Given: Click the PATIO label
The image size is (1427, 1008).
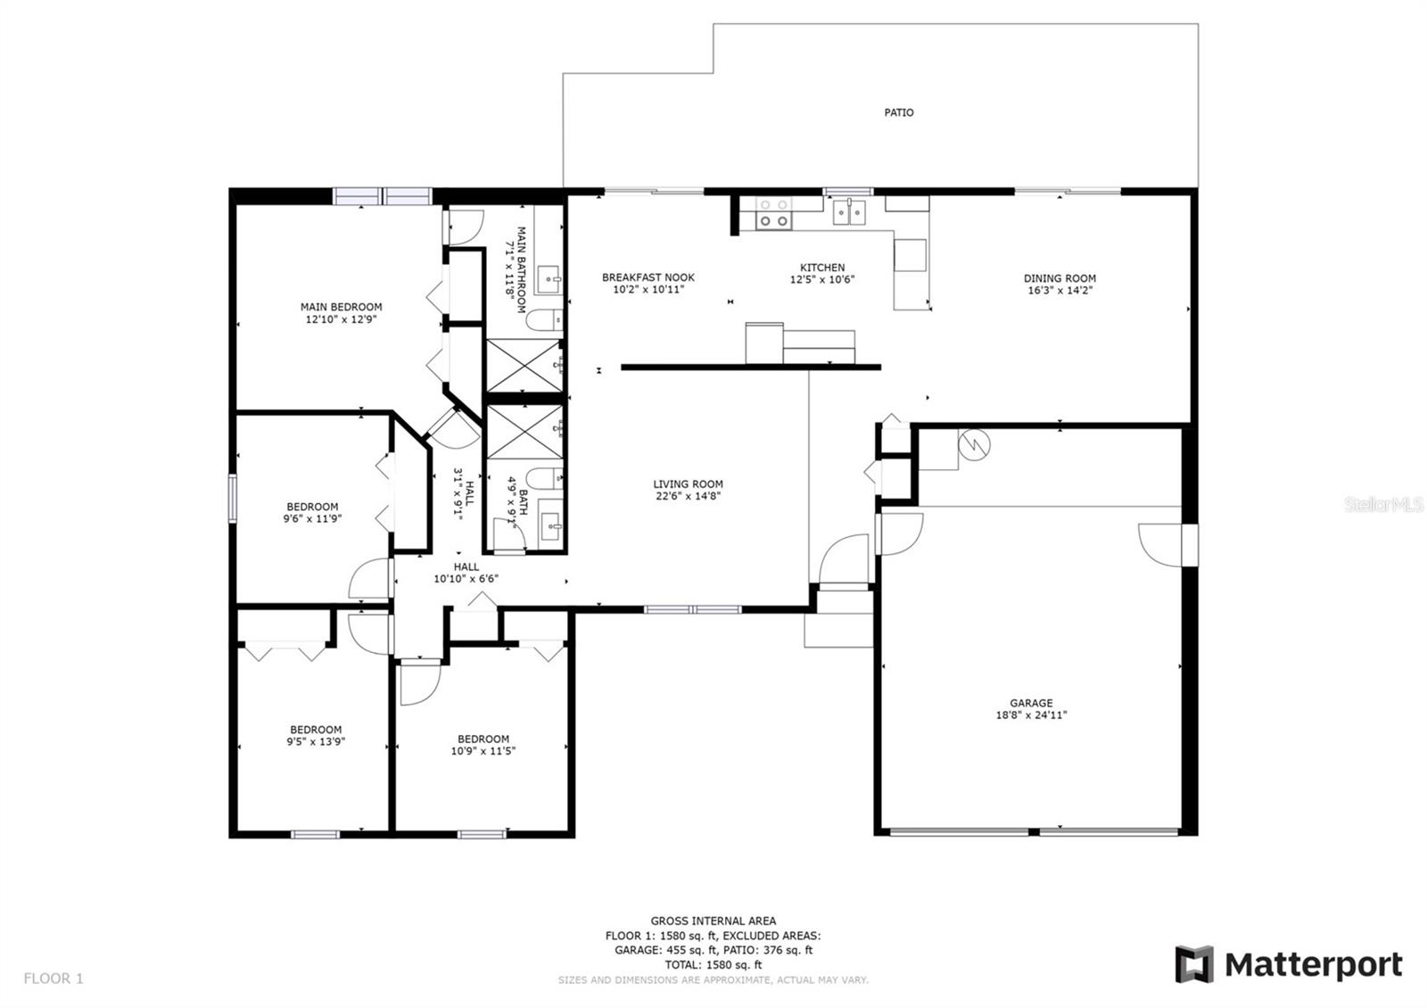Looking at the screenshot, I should coord(898,112).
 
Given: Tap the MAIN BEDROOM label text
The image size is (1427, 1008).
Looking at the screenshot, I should coord(341,308).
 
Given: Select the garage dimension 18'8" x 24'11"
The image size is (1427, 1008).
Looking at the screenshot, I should coord(1031,715).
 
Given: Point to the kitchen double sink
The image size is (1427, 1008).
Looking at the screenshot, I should coord(849,212).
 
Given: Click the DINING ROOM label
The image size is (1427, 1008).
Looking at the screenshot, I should coord(1060,278).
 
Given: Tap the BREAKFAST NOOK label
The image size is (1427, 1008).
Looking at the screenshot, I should coord(648,277).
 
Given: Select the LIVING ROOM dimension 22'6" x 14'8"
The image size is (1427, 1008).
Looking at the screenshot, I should coord(688,496).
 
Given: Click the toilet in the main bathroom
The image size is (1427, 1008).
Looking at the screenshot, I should coord(545,318).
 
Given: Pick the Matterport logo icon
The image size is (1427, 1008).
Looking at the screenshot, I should coord(1193,964).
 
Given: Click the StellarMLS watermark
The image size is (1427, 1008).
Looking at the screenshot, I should coord(1384,505).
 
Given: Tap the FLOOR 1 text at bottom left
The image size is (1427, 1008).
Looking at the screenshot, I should coord(54,979).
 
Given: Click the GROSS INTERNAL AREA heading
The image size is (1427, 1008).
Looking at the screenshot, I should coord(713,921).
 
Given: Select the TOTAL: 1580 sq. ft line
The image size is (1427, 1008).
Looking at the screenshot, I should coord(713,964).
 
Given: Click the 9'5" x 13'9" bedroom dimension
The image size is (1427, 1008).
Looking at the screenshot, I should coord(316,741).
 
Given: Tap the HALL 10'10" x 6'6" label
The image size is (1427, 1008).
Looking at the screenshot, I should coord(466,573).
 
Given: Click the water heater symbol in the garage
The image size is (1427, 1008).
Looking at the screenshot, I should coord(975,442).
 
